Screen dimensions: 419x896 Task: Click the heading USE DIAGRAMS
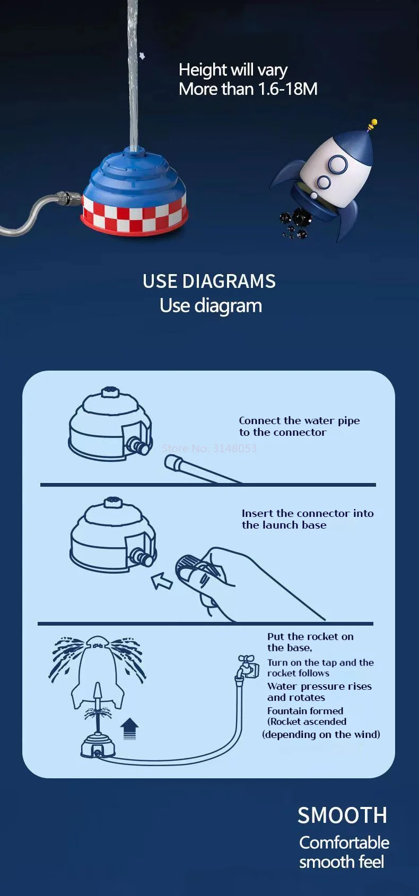click(x=209, y=281)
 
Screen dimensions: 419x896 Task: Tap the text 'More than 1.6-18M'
click(x=248, y=89)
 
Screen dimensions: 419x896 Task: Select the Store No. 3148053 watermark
click(x=209, y=448)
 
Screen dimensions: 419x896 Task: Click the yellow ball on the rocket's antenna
click(x=374, y=122)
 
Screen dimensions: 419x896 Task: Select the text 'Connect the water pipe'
click(x=299, y=421)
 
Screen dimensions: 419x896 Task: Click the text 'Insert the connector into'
click(x=308, y=513)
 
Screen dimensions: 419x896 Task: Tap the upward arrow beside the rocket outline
click(x=129, y=728)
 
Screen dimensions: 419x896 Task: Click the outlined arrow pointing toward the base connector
click(x=162, y=581)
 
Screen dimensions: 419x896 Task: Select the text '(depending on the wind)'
click(x=321, y=734)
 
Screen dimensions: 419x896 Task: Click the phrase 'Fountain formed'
click(x=305, y=711)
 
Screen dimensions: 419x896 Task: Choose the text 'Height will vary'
click(x=233, y=70)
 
